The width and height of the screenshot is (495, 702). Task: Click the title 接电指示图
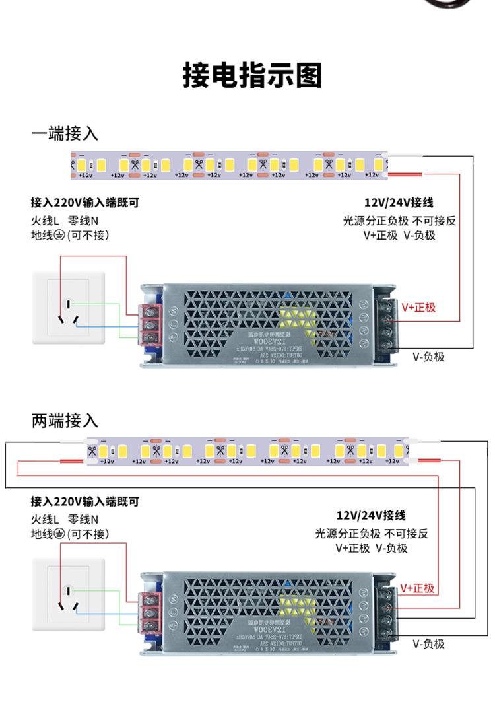tap(252, 77)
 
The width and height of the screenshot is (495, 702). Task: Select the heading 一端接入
tap(65, 134)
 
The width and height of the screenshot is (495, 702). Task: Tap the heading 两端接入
tap(65, 420)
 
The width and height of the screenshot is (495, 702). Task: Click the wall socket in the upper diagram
tap(69, 308)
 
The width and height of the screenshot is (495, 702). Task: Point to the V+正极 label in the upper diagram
tap(419, 308)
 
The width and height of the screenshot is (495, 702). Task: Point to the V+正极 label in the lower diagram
tap(418, 588)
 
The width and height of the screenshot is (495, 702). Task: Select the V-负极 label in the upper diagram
tap(429, 357)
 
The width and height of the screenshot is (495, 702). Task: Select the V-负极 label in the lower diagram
tap(429, 644)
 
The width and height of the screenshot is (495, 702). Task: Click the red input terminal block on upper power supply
tap(151, 324)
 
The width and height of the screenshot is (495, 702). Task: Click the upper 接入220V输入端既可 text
tap(85, 203)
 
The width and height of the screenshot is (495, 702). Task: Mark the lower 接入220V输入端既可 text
tap(85, 502)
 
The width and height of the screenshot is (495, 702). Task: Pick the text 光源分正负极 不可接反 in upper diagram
tap(399, 221)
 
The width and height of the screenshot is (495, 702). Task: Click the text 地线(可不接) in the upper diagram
tap(69, 236)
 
